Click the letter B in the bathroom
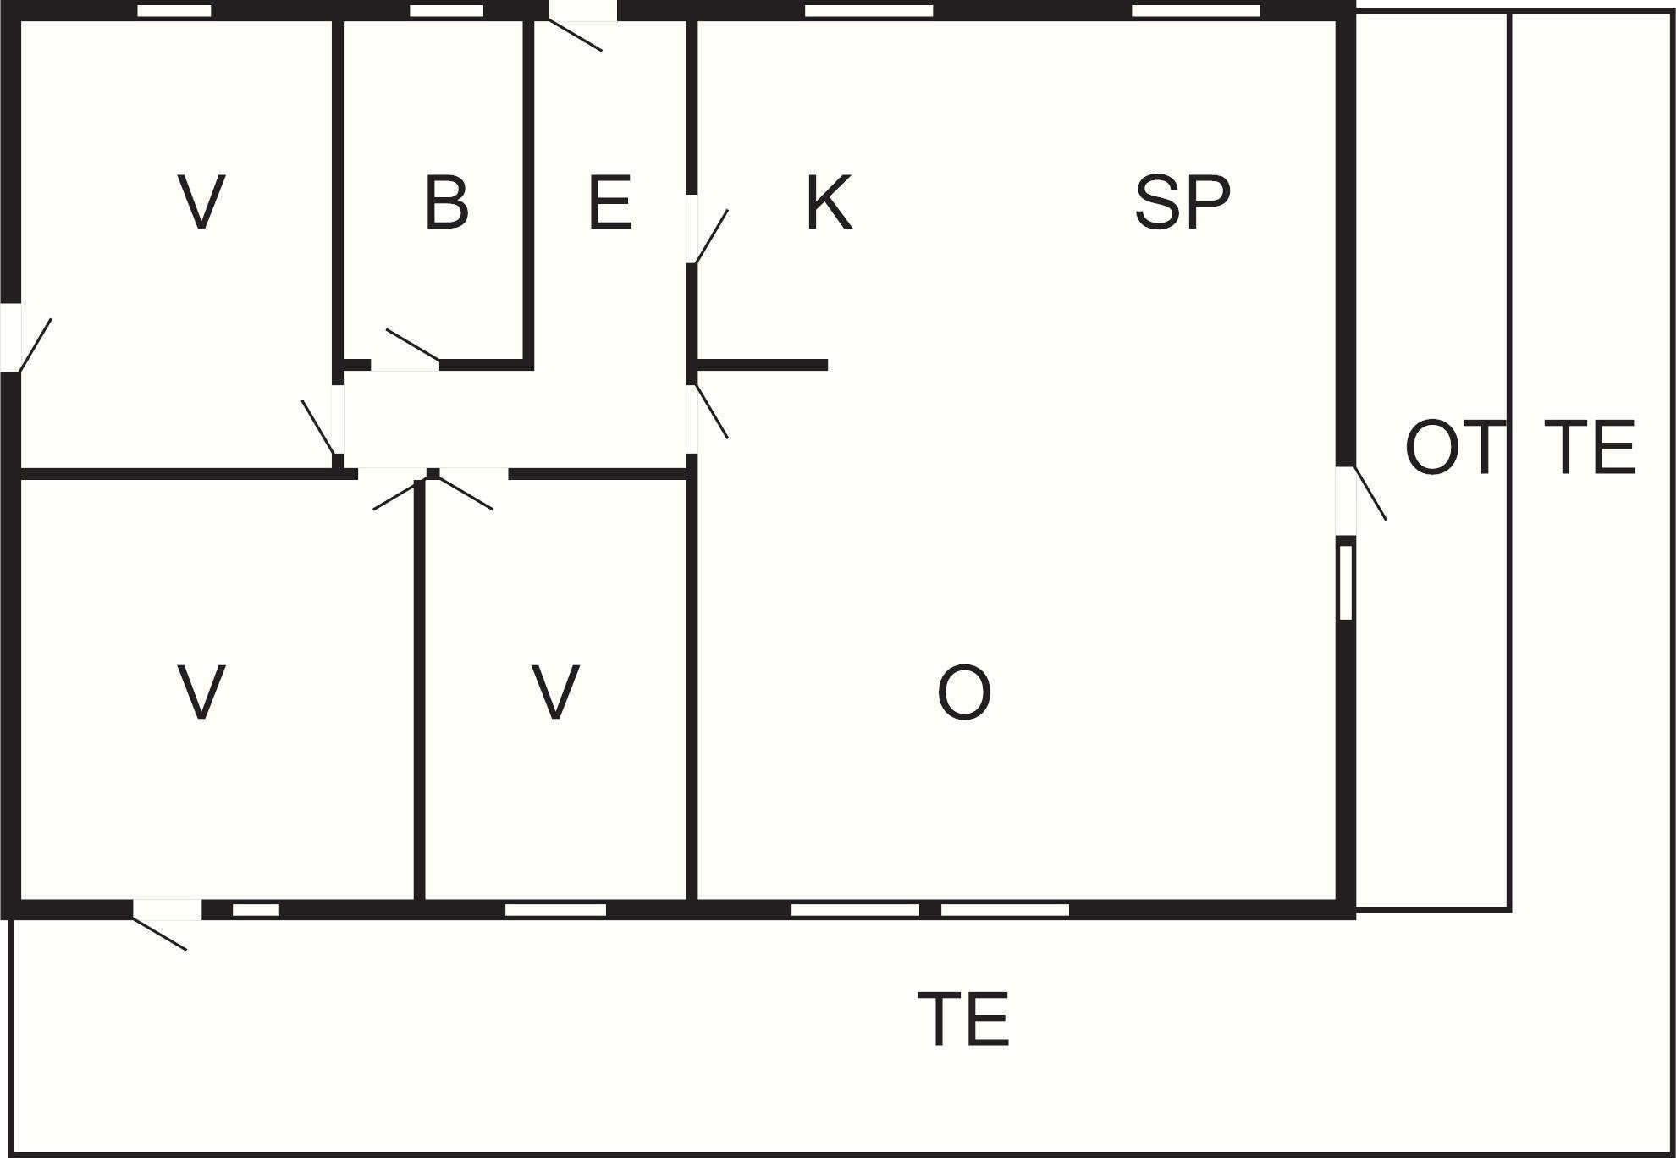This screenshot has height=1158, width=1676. [x=446, y=202]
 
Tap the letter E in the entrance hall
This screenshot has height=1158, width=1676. [x=609, y=202]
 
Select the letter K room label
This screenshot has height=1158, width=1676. [x=829, y=202]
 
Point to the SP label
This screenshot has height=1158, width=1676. [x=1183, y=202]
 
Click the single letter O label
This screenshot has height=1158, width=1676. [x=964, y=692]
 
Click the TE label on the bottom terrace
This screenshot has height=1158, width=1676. [x=964, y=1019]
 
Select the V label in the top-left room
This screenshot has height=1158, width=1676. [x=202, y=202]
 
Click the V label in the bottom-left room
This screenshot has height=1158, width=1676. [x=201, y=692]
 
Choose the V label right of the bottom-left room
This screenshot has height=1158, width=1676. [x=555, y=692]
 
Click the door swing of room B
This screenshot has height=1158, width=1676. [x=412, y=345]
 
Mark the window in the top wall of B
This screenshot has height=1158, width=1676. [x=447, y=11]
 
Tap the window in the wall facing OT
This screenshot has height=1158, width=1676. [x=1346, y=583]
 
